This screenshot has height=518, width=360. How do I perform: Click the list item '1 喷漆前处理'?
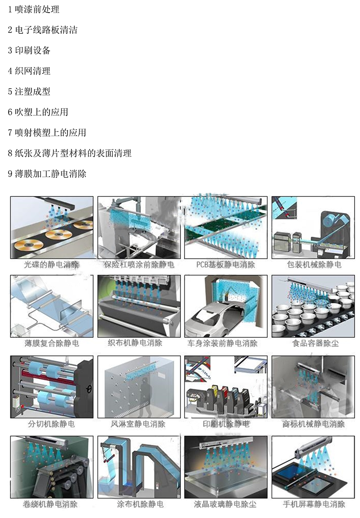pos(34,9)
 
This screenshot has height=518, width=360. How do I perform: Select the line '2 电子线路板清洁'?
pos(43,30)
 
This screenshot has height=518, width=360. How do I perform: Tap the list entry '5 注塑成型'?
pos(29,91)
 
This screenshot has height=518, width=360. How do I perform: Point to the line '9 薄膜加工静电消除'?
pos(47,174)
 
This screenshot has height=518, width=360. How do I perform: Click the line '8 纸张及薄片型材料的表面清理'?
pos(70,153)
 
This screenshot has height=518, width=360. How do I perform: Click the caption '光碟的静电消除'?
pos(51,264)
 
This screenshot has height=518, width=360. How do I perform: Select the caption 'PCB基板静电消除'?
pos(226,264)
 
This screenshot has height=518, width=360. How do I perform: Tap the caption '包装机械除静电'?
pos(314,264)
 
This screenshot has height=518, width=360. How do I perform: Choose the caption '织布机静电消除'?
pos(135,343)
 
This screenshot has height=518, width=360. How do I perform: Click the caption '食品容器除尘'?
pos(315,343)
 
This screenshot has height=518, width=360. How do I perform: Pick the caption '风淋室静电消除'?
pos(138,424)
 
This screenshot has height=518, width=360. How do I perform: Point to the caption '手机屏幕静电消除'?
pos(314,504)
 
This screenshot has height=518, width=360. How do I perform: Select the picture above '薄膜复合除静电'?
pos(52,306)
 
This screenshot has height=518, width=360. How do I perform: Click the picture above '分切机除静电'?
pos(52,387)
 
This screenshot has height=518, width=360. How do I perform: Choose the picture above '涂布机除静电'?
pos(139,467)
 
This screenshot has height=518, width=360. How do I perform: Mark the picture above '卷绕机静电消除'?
pos(52,467)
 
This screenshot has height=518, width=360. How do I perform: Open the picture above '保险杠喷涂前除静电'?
pos(139,227)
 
